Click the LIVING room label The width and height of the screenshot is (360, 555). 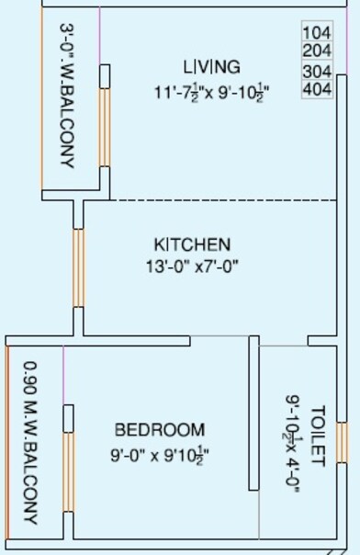211,67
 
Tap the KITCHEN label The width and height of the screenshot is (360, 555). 191,244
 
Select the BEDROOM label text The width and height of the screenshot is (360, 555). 160,430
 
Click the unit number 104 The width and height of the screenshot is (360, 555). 316,32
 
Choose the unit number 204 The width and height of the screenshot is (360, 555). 316,51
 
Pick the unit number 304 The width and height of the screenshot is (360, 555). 316,71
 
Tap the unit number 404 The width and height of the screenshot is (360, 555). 316,89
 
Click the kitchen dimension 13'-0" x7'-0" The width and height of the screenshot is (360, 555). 190,266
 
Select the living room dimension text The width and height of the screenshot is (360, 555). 211,92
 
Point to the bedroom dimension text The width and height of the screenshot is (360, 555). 162,453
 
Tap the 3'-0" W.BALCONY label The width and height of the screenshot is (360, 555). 66,96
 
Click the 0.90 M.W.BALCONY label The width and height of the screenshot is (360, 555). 29,441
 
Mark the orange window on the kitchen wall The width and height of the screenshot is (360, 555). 79,267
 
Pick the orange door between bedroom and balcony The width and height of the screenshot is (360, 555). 68,471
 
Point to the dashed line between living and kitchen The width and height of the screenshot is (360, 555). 220,199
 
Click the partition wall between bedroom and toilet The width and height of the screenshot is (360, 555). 253,413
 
